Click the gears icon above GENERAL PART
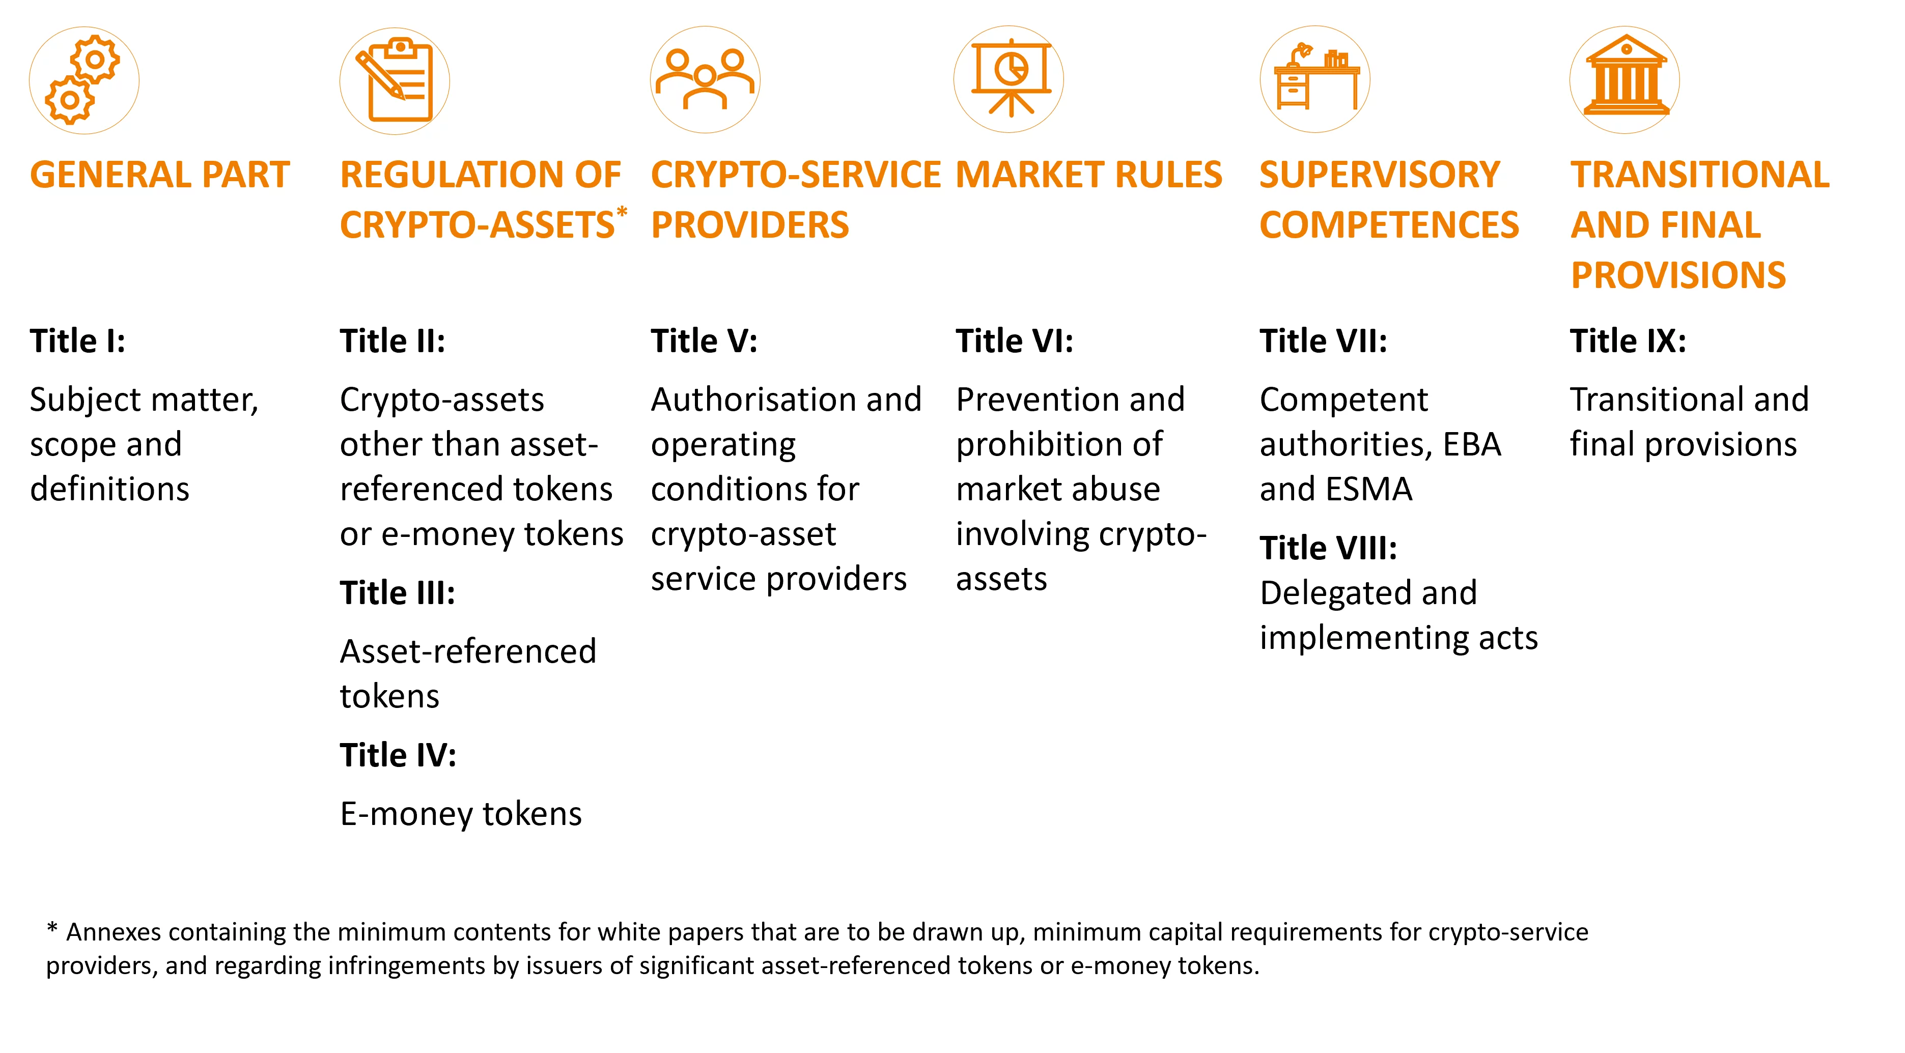coord(83,80)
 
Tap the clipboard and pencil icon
coord(394,80)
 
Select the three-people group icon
coord(705,80)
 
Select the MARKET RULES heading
coord(1088,175)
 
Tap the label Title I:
coord(78,341)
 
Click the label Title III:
coord(397,593)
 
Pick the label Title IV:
coord(398,755)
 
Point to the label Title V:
coord(704,341)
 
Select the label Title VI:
coord(1014,341)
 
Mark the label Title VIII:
coord(1328,548)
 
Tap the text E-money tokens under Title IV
coord(461,814)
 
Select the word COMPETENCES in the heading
coord(1389,225)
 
